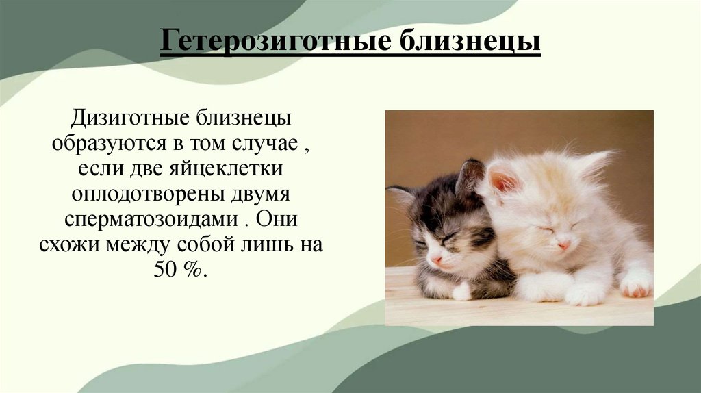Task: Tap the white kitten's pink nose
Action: pos(563,244)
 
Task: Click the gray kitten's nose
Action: pos(436,259)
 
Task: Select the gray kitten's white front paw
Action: pos(463,291)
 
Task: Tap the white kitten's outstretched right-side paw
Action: pos(637,283)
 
